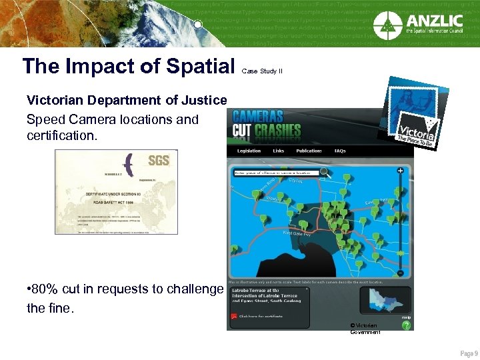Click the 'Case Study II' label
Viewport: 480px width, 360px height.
(262, 70)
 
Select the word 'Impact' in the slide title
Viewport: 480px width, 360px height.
(93, 65)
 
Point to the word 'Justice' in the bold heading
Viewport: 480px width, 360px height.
(204, 101)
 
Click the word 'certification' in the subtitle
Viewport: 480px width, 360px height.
(61, 136)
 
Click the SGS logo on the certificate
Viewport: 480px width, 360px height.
(159, 161)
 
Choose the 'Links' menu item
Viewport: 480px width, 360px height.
(278, 151)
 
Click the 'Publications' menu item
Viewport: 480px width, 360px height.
(309, 151)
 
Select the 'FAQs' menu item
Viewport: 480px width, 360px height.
(340, 151)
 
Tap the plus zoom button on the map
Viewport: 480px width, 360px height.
(400, 171)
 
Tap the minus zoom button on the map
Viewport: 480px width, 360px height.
(400, 273)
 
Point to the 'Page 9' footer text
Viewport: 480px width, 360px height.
(469, 353)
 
